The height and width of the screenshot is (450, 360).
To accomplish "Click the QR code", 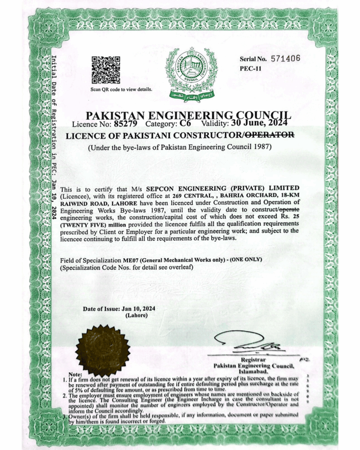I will pos(105,70).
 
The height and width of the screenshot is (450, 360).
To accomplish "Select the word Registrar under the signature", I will pos(254,360).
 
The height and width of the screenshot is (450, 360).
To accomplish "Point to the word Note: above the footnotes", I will pos(75,375).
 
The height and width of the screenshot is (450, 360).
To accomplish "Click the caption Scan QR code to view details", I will pos(121,90).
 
